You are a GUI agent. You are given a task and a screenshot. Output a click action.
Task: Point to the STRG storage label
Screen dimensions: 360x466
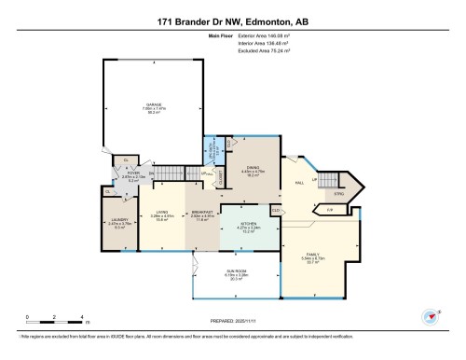pos(339,194)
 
